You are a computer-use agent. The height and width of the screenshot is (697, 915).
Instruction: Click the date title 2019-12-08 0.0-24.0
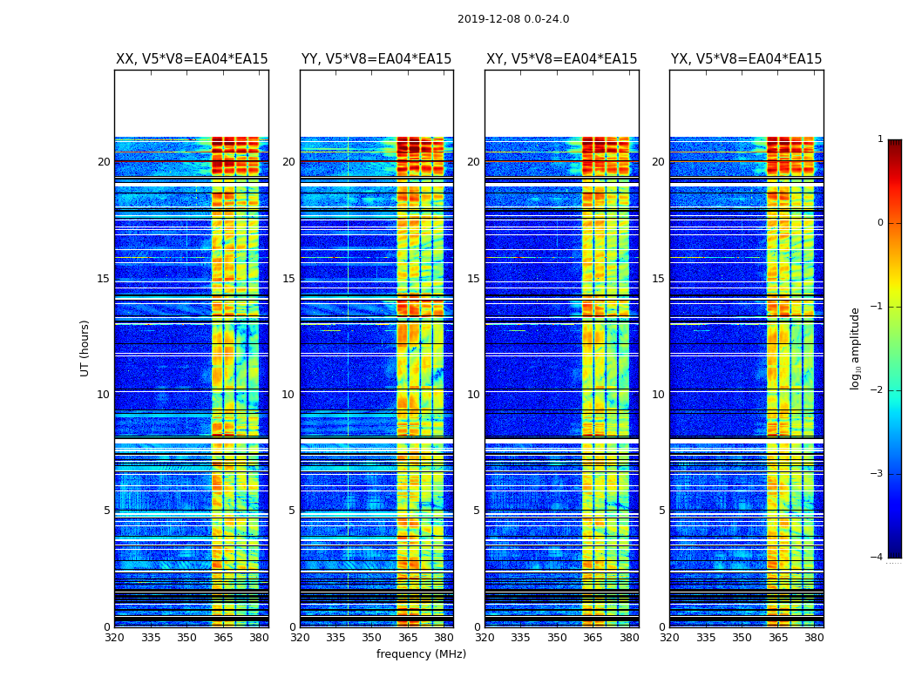pos(512,19)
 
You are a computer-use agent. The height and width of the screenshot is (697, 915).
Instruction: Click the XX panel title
pos(192,59)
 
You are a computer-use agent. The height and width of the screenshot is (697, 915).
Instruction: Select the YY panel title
pos(376,59)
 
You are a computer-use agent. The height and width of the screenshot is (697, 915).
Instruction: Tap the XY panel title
pos(561,59)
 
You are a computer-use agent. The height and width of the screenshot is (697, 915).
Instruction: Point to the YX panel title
pos(746,59)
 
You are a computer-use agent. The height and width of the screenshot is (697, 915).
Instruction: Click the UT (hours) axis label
pos(85,348)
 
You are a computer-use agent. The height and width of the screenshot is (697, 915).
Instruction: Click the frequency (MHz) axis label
pos(421,654)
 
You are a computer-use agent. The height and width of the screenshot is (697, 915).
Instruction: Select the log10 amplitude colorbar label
pos(856,348)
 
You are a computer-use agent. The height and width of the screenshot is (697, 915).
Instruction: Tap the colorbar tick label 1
pos(879,139)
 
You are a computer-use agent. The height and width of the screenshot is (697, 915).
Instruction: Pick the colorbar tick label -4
pos(878,558)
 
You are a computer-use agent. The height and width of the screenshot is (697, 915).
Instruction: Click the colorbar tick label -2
pos(878,390)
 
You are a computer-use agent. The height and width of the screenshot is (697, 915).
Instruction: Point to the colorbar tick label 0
pos(879,223)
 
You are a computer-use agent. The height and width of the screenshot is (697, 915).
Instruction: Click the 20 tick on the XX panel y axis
pos(104,162)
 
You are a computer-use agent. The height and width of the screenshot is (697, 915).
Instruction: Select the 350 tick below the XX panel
pos(186,638)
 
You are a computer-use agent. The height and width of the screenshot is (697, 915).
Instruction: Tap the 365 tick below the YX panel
pos(777,638)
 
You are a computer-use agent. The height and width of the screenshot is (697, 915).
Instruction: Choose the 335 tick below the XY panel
pos(520,638)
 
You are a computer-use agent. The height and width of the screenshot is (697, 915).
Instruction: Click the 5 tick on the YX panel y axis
pos(661,511)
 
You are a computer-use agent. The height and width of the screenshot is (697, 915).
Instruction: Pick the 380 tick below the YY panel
pos(444,638)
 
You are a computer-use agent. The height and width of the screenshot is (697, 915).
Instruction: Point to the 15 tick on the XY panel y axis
pos(473,279)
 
